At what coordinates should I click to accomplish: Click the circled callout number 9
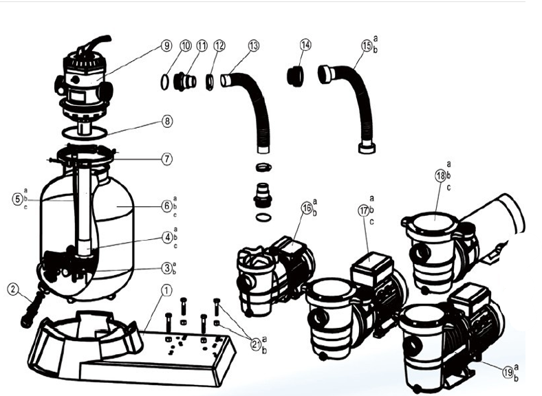166,46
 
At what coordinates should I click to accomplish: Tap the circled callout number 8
167,121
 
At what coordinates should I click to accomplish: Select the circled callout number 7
167,158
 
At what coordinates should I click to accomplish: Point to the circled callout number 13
253,46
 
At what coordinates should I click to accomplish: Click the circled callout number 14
305,45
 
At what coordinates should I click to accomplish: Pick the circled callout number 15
366,46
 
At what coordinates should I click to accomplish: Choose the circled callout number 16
306,208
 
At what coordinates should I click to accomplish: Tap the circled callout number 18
440,176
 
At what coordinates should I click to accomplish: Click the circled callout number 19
508,372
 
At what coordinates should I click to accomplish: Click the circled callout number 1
165,290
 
